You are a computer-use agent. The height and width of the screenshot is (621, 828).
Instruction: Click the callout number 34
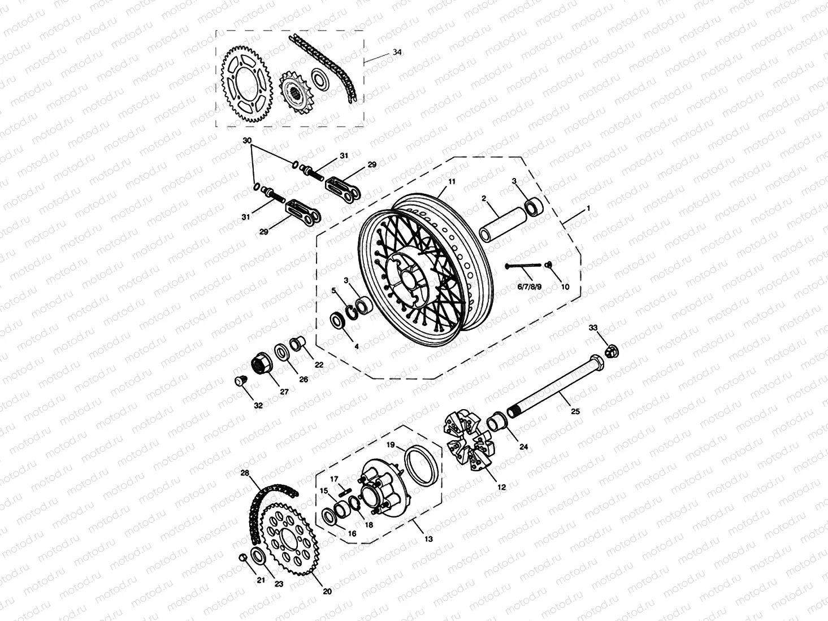pyautogui.click(x=397, y=52)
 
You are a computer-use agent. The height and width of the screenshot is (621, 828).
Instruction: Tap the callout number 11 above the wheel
pyautogui.click(x=452, y=181)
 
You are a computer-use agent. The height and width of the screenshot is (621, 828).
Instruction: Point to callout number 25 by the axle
pyautogui.click(x=575, y=411)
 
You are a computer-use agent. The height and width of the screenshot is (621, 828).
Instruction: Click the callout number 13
pyautogui.click(x=428, y=539)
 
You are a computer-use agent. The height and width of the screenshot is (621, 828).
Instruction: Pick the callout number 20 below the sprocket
pyautogui.click(x=327, y=592)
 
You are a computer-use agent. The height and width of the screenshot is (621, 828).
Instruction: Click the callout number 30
pyautogui.click(x=246, y=140)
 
